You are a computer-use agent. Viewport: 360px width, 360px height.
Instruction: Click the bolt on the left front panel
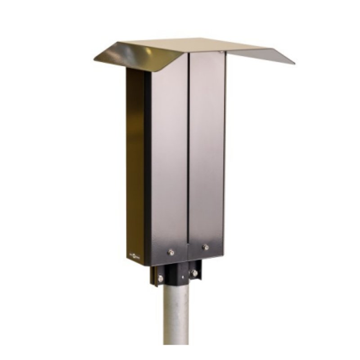tap(171, 252)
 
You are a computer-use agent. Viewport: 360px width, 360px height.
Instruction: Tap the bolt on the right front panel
tap(206, 247)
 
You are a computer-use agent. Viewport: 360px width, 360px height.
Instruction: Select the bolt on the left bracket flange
tap(160, 279)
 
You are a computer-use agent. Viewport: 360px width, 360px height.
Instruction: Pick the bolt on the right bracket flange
tap(194, 273)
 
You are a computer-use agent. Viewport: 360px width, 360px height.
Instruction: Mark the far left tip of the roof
tap(95, 59)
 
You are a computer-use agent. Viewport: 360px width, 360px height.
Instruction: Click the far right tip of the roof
tap(294, 63)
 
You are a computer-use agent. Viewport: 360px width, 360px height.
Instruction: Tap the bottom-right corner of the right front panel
tap(223, 257)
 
